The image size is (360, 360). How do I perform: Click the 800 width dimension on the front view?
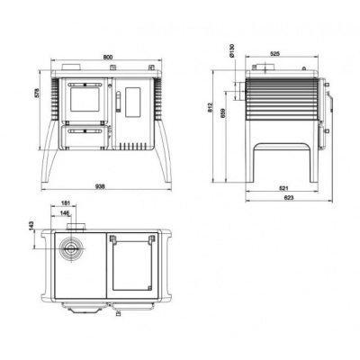(108, 58)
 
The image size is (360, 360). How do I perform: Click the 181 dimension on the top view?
(67, 204)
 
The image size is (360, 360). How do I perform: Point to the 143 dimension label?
(34, 224)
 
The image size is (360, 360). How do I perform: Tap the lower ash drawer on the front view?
(86, 137)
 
